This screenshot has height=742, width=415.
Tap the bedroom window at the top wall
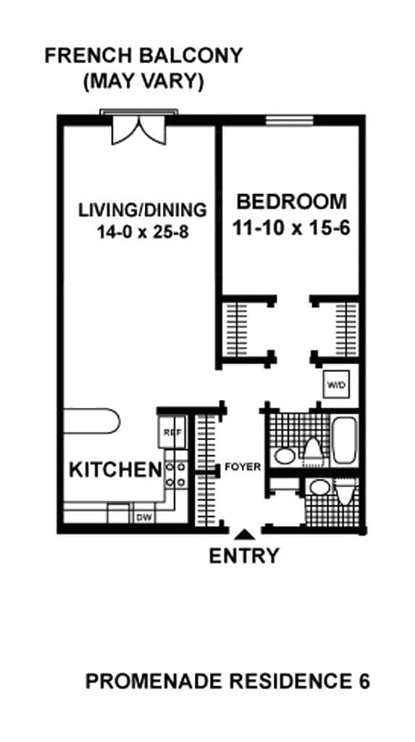coord(289,120)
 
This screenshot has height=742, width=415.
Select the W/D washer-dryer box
coord(335,383)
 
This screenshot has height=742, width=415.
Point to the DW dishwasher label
coord(144,517)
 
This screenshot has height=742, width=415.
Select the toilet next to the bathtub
coord(312,449)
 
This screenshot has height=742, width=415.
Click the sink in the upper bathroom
coord(284,456)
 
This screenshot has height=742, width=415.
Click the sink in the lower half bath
coord(317,487)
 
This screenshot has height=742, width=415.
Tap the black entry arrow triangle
coord(244,535)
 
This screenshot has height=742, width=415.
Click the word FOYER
coord(242,467)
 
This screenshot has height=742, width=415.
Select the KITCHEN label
coord(114,470)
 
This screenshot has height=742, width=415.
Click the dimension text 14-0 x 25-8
coord(142,233)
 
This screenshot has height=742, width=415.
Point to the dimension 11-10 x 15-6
coord(291,228)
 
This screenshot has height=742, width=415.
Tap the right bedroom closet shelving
coord(346,328)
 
